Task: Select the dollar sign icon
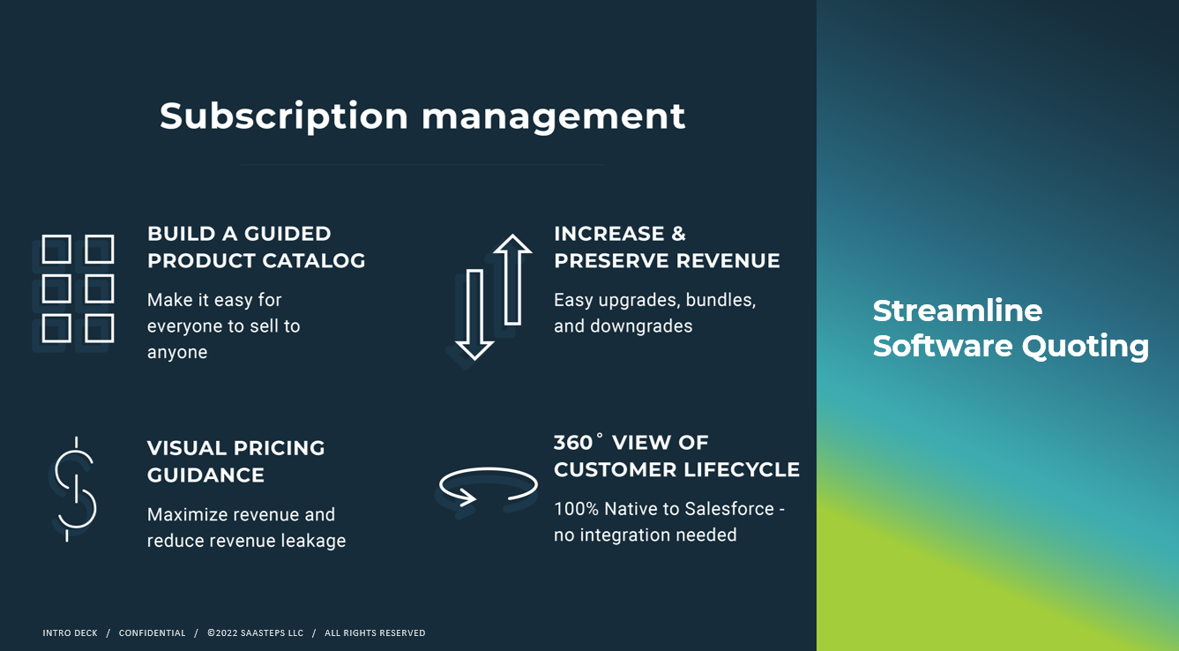[x=76, y=489]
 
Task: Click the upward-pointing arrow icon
[x=512, y=279]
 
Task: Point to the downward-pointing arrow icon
[x=474, y=315]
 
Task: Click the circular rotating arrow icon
[x=489, y=486]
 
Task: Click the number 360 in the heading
[x=572, y=443]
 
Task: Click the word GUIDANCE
[x=205, y=475]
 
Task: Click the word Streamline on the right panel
[x=958, y=311]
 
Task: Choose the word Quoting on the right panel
[x=1086, y=347]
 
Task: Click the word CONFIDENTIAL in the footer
[x=152, y=633]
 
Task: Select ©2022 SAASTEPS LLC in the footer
[x=255, y=633]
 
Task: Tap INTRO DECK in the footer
[x=70, y=633]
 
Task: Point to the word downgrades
[x=641, y=326]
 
